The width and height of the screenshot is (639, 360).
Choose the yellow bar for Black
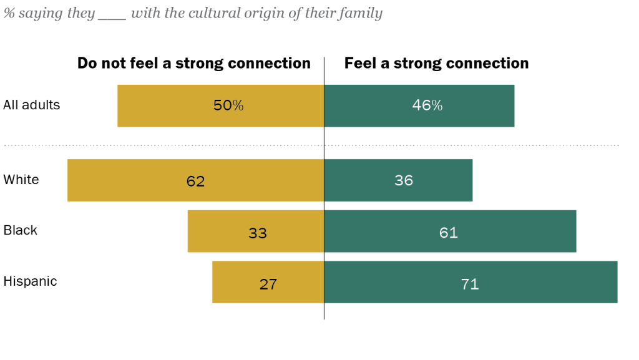218,231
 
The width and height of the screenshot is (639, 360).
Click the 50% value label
228,106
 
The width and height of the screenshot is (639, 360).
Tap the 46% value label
427,106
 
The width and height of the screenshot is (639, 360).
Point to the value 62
195,181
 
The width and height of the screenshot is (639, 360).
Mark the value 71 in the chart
470,285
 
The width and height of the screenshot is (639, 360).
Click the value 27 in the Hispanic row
268,285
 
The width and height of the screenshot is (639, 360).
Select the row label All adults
32,105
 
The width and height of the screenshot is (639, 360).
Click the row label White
21,180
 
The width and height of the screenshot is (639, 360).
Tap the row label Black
21,230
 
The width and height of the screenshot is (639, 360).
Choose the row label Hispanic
30,281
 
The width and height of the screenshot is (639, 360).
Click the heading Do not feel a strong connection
193,63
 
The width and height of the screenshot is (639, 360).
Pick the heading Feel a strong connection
436,63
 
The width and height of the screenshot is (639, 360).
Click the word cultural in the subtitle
212,13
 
